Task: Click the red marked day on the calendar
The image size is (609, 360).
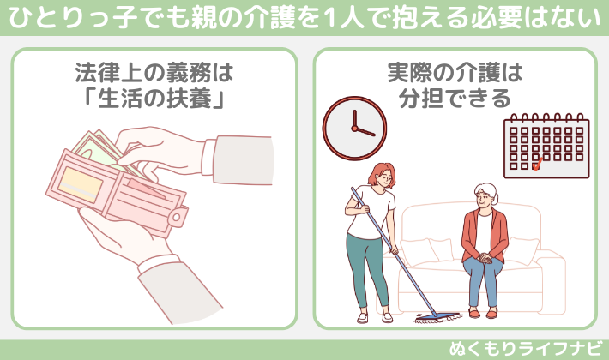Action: pos(536,165)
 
